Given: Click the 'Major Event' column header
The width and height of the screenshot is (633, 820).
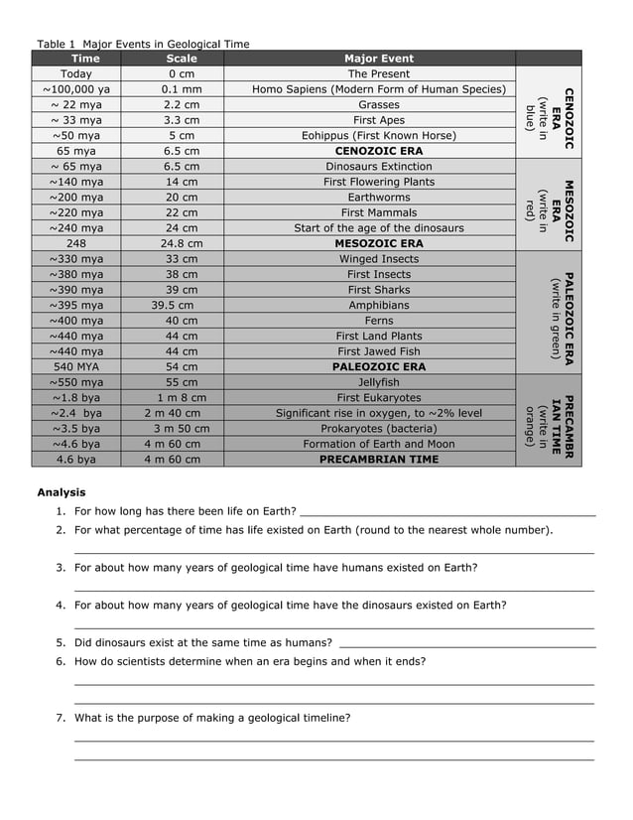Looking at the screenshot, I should [378, 59].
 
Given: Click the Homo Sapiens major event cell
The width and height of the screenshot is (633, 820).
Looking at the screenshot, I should [378, 89].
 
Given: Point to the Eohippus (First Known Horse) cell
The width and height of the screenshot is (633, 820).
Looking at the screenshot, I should [378, 135].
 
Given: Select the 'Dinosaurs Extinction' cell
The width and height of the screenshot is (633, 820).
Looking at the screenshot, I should [378, 167].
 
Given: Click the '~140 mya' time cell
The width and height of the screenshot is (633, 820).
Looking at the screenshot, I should [76, 182].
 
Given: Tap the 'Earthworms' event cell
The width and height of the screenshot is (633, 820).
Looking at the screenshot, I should [378, 198].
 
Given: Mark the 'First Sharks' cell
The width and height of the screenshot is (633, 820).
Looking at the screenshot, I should [378, 290].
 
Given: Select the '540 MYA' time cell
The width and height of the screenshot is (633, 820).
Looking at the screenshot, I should [76, 366].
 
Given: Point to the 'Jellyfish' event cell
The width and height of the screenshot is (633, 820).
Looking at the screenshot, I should [378, 382].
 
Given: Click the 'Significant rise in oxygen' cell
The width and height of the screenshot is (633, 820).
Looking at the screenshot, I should [378, 413].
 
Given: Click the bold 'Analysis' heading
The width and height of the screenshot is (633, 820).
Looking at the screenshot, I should [62, 492].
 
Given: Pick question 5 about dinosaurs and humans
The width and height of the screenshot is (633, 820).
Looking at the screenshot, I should [203, 642].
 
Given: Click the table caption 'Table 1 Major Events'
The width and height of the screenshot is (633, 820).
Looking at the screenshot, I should [143, 44].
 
